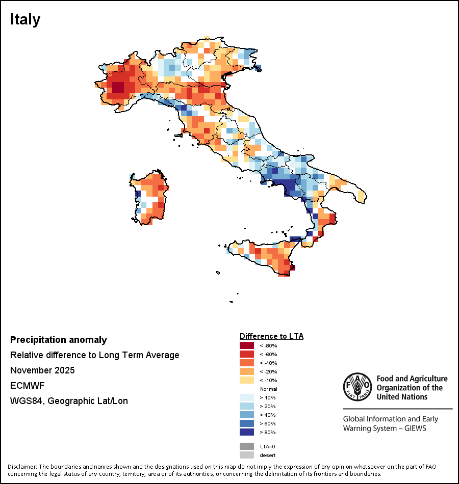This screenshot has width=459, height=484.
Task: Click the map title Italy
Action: pos(25,20)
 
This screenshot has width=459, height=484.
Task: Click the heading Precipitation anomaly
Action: pos(59,340)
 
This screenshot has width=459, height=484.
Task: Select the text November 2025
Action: pos(42,370)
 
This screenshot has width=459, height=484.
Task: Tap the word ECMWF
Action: pos(27,386)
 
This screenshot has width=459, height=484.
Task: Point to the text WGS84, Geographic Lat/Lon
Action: pos(69,401)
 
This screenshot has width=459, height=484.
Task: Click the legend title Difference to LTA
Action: pos(271,336)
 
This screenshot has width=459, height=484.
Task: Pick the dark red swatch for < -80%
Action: pos(247,345)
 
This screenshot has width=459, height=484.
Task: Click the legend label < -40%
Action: pos(268,363)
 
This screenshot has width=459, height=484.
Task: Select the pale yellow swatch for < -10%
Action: pos(247,380)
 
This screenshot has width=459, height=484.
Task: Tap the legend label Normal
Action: pos(268,389)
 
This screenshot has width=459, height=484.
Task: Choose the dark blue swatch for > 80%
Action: pos(247,432)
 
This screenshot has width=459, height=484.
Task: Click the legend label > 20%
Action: pos(267,406)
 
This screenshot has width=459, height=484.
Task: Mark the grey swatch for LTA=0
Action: pos(247,446)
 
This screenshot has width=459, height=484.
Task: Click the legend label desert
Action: pos(267,455)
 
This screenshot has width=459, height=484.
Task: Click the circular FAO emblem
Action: pos(358,387)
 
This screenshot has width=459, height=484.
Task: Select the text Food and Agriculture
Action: pos(412,379)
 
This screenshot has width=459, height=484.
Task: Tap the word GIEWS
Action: pos(415,428)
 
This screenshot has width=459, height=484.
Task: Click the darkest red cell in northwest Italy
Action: pos(118,87)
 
